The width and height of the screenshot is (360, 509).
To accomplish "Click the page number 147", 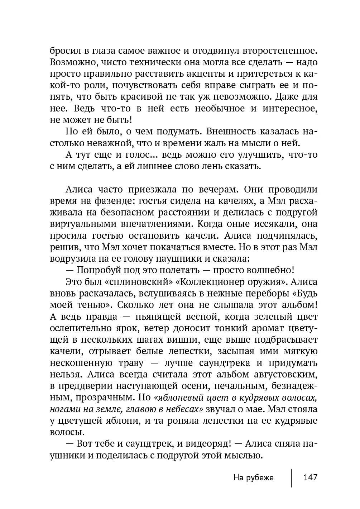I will pyautogui.click(x=310, y=477).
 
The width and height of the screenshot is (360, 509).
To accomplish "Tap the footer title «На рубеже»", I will pyautogui.click(x=253, y=477).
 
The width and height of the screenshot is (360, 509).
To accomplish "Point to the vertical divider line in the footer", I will pyautogui.click(x=291, y=477).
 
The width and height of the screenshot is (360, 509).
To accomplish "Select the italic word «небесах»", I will pyautogui.click(x=182, y=409).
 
